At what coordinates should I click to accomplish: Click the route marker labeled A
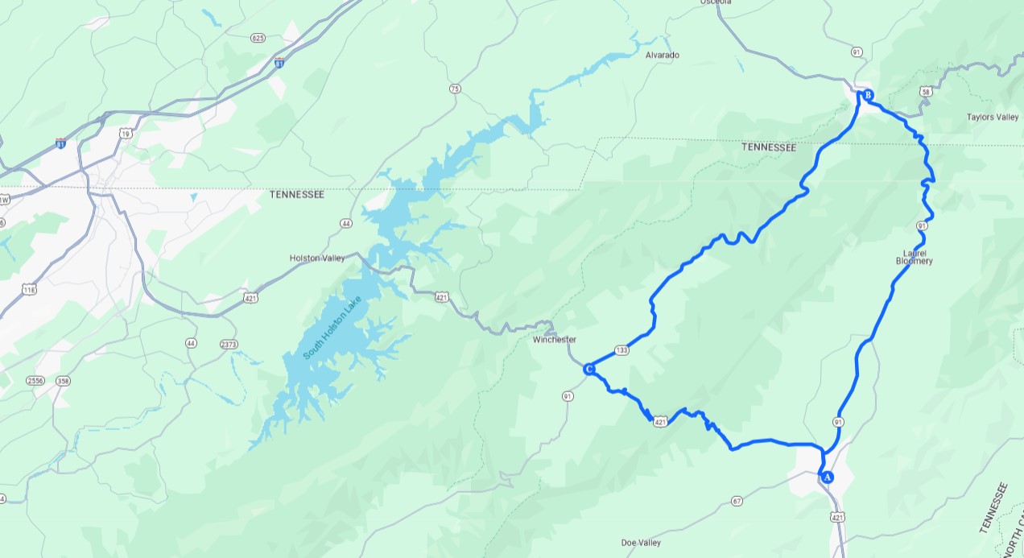tap(826, 477)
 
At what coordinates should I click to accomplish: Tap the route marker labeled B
tap(867, 96)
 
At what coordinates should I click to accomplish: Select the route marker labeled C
tap(588, 369)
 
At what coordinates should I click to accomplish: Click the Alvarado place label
tap(663, 55)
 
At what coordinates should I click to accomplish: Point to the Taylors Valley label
tap(992, 117)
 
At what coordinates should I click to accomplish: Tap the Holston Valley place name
tap(316, 258)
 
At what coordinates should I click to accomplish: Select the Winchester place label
tap(554, 340)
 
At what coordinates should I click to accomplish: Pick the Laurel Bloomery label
tap(914, 257)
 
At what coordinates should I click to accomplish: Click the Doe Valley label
tap(641, 542)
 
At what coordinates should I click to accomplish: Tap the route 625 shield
tap(258, 38)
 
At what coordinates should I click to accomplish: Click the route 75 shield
tap(456, 89)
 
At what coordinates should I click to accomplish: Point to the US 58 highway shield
tap(927, 92)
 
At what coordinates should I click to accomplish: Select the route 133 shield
tap(621, 349)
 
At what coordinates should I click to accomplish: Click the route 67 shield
tap(737, 501)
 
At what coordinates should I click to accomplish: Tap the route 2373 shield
tap(229, 344)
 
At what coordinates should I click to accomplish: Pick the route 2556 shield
tap(35, 380)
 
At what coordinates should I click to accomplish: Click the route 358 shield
tap(64, 380)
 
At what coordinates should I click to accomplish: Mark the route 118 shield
tap(30, 289)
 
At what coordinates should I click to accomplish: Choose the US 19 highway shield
tap(125, 134)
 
